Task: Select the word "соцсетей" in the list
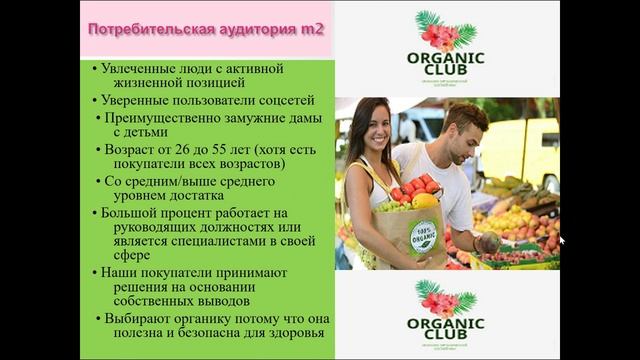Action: (x=287, y=100)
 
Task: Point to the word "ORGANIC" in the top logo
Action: (x=445, y=58)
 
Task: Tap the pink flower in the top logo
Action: (x=440, y=34)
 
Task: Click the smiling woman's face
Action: (x=371, y=131)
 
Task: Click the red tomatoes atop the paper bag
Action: (x=415, y=187)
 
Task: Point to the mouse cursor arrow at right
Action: (x=562, y=240)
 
